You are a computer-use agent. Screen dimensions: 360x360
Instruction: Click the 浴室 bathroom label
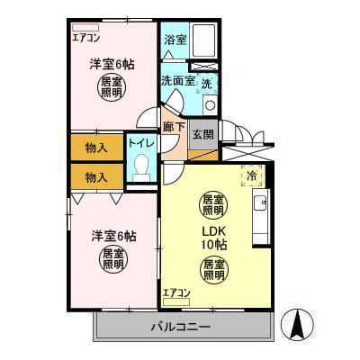[x=175, y=40]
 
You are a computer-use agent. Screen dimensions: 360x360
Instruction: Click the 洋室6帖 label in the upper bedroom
[x=112, y=64]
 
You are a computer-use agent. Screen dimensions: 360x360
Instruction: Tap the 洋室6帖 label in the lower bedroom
[x=112, y=236]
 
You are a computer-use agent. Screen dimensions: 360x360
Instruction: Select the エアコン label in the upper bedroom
[x=86, y=38]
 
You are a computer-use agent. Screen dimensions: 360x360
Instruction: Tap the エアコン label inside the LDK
[x=176, y=292]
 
